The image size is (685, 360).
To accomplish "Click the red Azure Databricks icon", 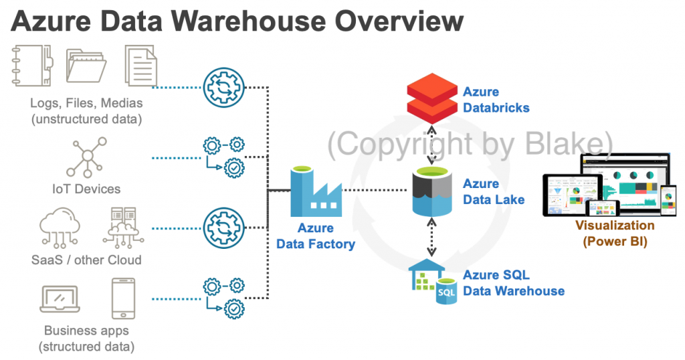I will [x=432, y=98].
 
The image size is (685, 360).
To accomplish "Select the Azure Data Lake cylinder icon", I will [x=432, y=191].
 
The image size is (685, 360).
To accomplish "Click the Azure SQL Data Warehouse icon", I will [x=432, y=282].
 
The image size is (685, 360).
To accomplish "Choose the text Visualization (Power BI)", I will [x=615, y=234].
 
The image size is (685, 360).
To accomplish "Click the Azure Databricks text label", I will [x=496, y=100].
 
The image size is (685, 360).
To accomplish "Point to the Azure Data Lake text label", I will [x=494, y=191].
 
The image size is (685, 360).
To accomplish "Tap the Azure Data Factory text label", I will [x=316, y=236].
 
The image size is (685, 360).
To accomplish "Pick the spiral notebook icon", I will [x=31, y=65].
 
